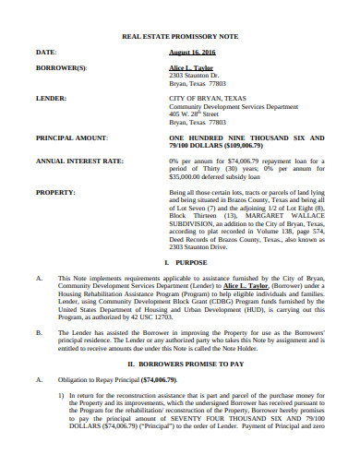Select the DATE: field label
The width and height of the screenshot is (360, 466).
pyautogui.click(x=45, y=53)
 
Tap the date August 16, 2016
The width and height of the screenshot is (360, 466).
pyautogui.click(x=191, y=53)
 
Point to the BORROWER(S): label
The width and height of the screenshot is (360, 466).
pyautogui.click(x=62, y=67)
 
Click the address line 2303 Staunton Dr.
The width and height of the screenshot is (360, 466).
pyautogui.click(x=197, y=76)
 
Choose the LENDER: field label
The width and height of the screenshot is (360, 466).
pyautogui.click(x=50, y=97)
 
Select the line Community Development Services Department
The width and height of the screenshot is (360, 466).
pyautogui.click(x=233, y=105)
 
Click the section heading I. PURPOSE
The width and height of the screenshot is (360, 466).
pyautogui.click(x=181, y=264)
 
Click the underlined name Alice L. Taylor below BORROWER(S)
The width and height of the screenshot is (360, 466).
pyautogui.click(x=189, y=67)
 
